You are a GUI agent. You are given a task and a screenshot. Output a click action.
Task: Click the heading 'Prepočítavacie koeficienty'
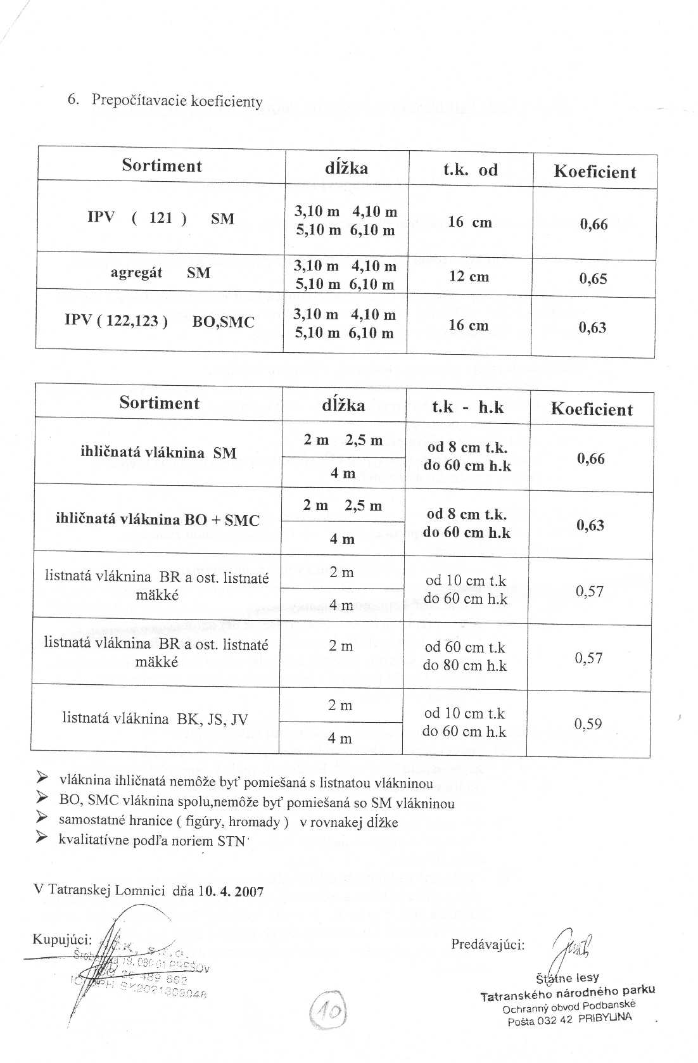tap(177, 101)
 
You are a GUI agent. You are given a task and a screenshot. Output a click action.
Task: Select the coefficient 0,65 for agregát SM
tap(593, 279)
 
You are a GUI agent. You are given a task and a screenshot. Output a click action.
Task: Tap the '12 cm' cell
tap(469, 277)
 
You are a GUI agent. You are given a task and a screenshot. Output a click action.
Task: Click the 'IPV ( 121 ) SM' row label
tap(161, 219)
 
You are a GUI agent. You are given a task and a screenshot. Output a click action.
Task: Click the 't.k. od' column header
tap(470, 170)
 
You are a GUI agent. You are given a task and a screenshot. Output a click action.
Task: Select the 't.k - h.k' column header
tap(467, 407)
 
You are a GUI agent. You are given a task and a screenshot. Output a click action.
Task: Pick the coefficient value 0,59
tap(588, 724)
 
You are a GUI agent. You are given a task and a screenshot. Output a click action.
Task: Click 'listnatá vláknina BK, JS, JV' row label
tap(155, 718)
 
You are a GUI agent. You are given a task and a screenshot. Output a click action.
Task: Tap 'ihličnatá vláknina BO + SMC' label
tap(158, 520)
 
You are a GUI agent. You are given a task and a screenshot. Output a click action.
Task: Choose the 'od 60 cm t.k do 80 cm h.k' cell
tap(465, 656)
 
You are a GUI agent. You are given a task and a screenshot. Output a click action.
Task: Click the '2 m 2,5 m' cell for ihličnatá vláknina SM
tap(343, 440)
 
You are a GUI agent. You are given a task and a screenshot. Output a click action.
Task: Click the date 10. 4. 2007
tap(231, 891)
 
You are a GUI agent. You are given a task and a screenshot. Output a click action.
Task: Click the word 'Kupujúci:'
tap(62, 939)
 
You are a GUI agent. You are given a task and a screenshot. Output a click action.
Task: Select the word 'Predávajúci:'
tap(488, 945)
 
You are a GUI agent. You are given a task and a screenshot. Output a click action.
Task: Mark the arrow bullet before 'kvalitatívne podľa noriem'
tap(42, 838)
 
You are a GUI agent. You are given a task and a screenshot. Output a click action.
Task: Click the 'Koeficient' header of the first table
tap(595, 172)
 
